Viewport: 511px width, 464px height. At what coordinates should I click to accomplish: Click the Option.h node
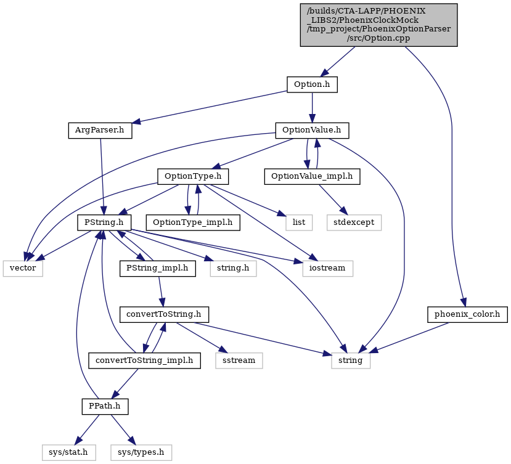click(312, 84)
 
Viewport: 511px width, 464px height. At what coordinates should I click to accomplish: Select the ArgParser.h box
click(100, 131)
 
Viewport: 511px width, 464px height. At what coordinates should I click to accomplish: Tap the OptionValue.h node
click(312, 131)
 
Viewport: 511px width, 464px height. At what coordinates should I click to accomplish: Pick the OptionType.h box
click(193, 177)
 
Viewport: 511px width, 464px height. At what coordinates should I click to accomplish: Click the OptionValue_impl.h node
click(312, 177)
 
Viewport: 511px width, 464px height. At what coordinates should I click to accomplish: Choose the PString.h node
click(104, 222)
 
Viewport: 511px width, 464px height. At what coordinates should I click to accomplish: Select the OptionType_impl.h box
click(193, 222)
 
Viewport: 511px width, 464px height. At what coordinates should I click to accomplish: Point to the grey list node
click(299, 222)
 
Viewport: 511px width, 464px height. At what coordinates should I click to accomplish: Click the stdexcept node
click(354, 222)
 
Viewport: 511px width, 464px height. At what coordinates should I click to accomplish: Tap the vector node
click(23, 269)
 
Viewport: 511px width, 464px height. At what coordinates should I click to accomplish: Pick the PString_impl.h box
click(157, 269)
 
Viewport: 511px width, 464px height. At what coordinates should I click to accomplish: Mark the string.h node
click(234, 269)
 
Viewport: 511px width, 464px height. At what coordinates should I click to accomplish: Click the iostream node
click(327, 269)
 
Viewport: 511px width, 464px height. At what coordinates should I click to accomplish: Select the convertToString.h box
click(164, 315)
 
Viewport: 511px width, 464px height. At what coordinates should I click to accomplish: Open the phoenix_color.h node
click(467, 315)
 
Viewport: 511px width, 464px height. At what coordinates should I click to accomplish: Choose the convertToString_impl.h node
click(144, 360)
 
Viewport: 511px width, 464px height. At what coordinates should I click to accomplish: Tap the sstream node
click(239, 360)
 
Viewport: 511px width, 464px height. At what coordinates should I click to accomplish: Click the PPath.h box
click(105, 407)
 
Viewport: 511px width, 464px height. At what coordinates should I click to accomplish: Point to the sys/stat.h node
click(69, 452)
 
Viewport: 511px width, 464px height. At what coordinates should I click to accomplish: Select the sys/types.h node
click(141, 452)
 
